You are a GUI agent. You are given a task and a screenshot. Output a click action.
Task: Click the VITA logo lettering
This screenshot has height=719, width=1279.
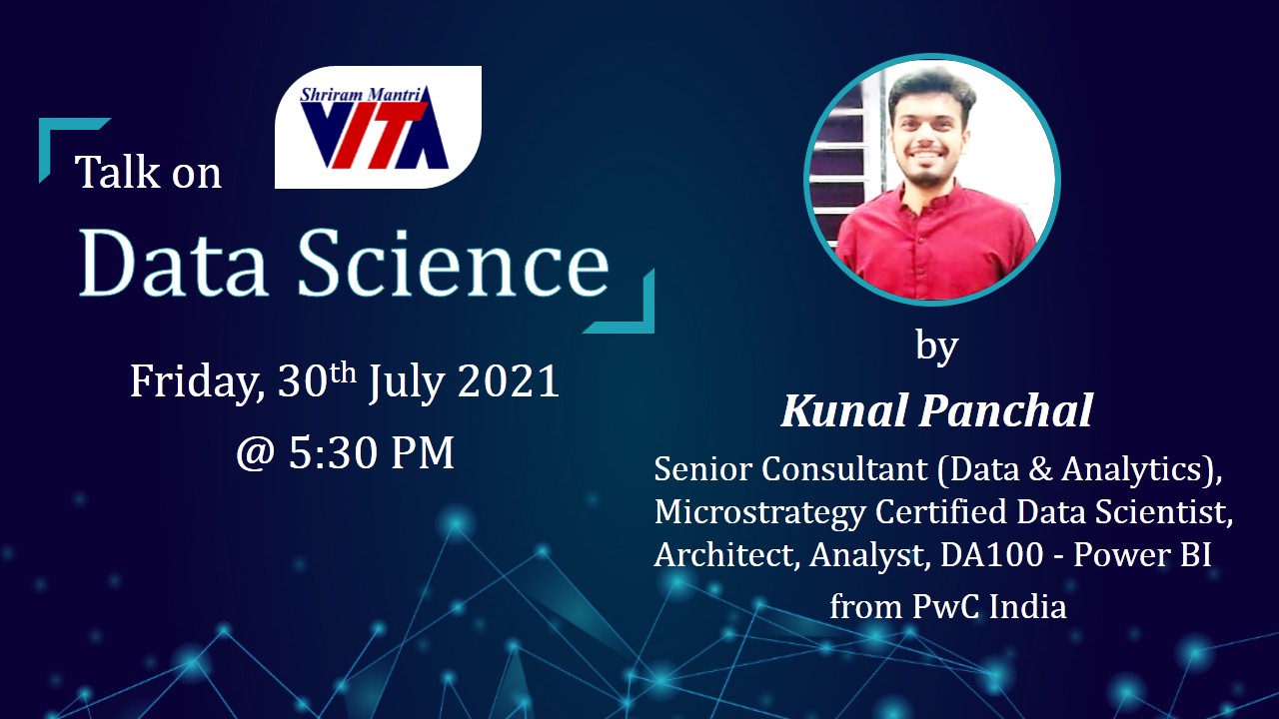(374, 135)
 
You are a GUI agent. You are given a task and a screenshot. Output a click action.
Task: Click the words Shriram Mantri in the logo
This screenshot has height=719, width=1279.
(361, 95)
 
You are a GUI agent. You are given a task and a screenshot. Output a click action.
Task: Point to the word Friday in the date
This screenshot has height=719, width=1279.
(198, 382)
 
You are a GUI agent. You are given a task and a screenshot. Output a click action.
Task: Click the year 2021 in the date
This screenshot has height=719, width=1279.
(509, 380)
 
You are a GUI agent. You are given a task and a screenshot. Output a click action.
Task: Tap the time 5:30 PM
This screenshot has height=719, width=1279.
(371, 453)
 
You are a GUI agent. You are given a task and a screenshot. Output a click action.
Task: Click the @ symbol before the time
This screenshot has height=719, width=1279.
(256, 454)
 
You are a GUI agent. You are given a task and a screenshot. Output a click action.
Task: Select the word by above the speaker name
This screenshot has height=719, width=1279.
(936, 347)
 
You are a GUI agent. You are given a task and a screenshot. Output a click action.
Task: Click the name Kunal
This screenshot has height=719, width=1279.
(845, 409)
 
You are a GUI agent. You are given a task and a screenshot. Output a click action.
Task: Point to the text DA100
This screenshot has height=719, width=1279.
(992, 554)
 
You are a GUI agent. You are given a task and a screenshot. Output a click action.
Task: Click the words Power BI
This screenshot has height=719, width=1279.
(1142, 554)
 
